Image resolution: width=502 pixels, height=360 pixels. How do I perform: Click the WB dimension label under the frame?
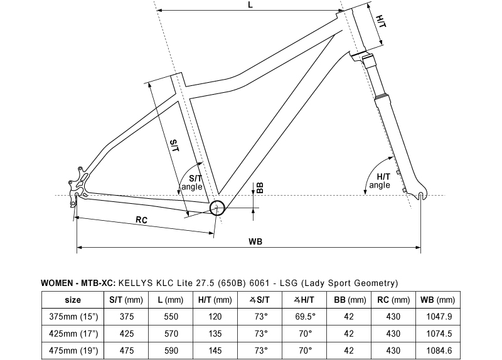point(255,241)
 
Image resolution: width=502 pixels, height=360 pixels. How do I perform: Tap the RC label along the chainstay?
point(142,220)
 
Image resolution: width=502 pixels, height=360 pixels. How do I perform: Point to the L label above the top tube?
point(250,4)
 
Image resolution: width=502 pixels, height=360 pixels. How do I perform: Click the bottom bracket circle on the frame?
point(217,208)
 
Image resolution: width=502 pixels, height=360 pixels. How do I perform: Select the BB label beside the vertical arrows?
point(260,188)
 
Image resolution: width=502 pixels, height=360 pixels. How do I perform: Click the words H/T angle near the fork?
point(380,181)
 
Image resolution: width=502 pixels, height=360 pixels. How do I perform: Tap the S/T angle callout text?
point(192,183)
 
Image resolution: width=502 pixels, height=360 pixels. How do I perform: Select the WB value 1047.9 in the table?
point(439,317)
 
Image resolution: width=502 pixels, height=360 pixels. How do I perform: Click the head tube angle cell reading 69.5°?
point(305,317)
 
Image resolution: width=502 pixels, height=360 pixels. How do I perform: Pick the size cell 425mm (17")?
point(73,334)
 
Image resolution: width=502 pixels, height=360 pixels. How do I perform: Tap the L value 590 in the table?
point(171,351)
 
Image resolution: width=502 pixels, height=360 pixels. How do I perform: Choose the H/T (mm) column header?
point(215,300)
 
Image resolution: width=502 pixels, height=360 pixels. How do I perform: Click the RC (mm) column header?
point(393,300)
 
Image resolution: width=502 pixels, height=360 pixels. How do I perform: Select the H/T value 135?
point(215,334)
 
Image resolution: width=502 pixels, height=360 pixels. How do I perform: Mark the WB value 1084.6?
point(439,351)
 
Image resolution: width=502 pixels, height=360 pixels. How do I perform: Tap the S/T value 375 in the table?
point(127,317)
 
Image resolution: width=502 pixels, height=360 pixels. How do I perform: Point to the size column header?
point(73,300)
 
